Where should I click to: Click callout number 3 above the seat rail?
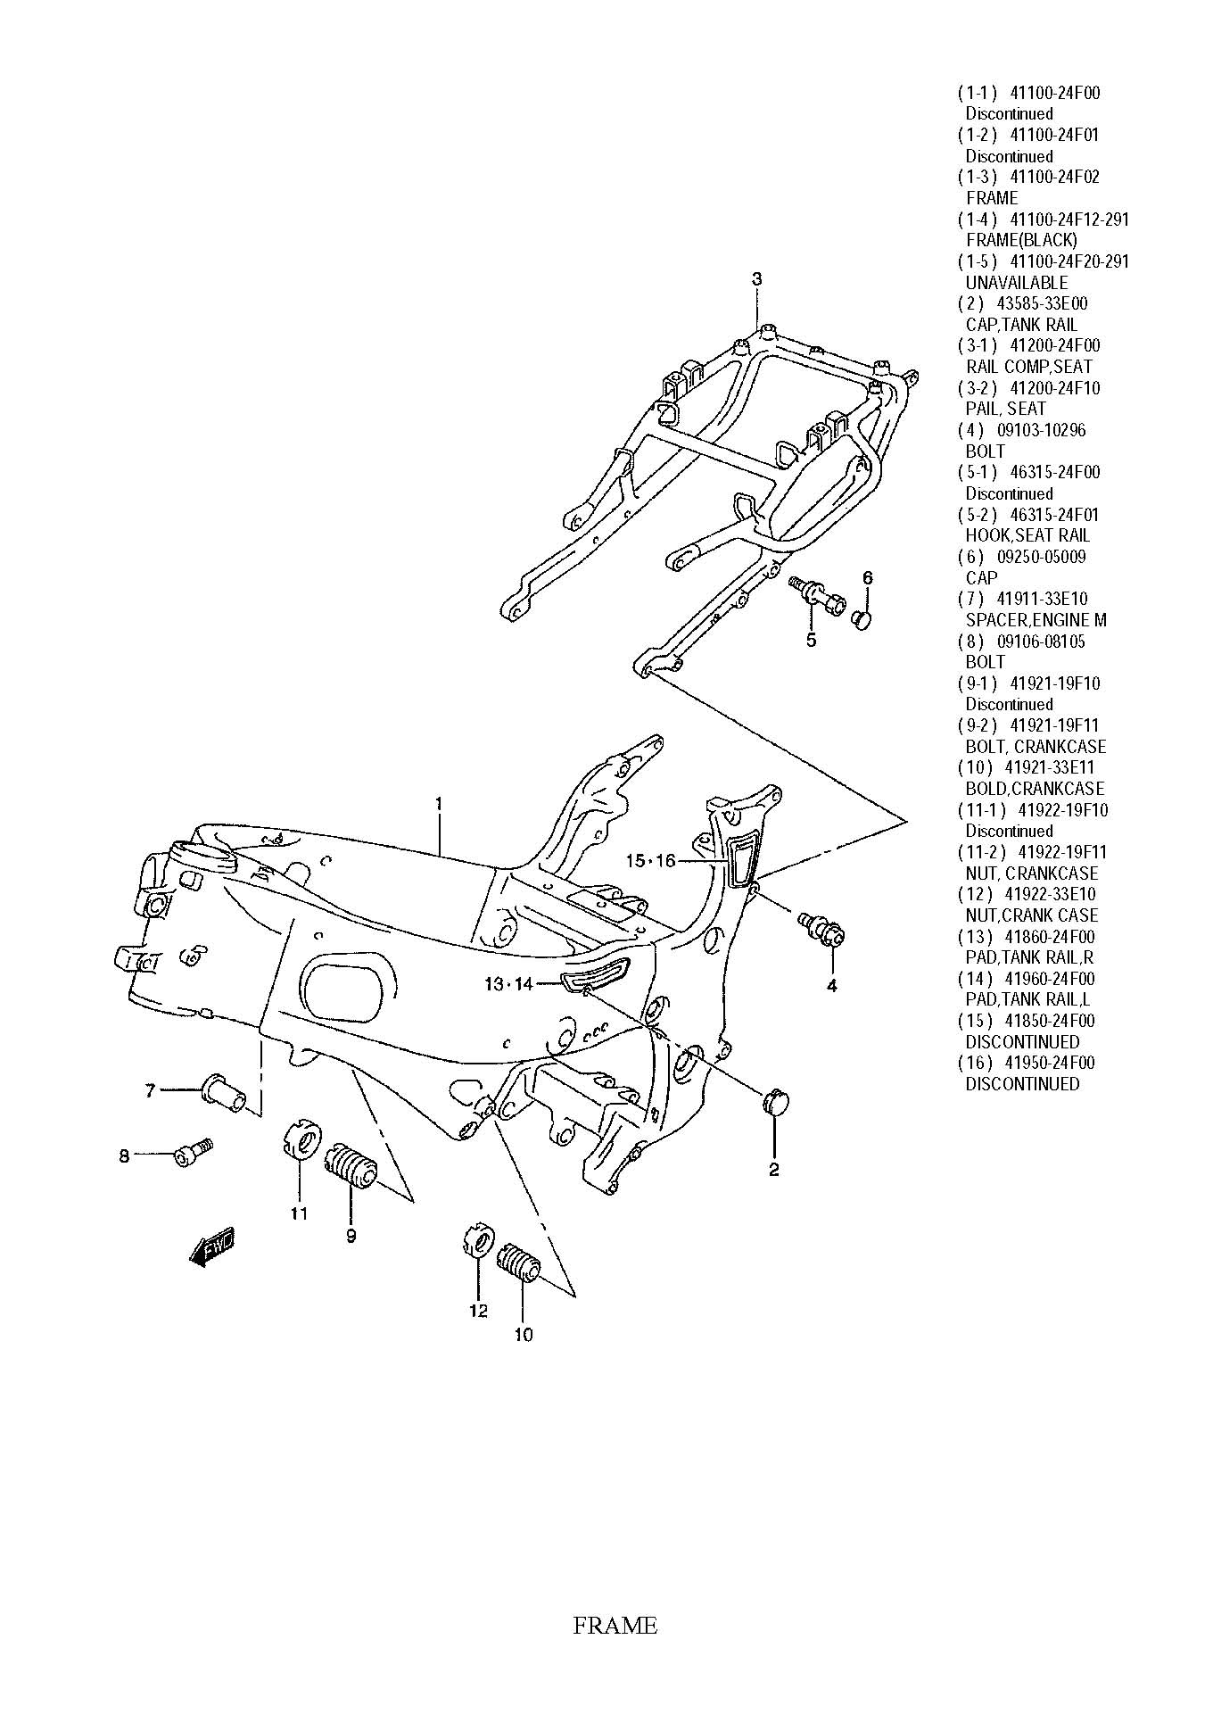click(756, 279)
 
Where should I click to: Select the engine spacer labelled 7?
click(224, 1093)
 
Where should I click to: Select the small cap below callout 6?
click(862, 617)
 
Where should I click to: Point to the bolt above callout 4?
click(821, 927)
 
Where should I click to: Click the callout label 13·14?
click(508, 983)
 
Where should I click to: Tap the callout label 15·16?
click(651, 860)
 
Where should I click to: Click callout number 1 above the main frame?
click(439, 804)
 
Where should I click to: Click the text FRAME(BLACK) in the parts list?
click(1021, 240)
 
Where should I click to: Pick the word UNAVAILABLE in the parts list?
click(1017, 282)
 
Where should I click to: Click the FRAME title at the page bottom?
click(615, 1626)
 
